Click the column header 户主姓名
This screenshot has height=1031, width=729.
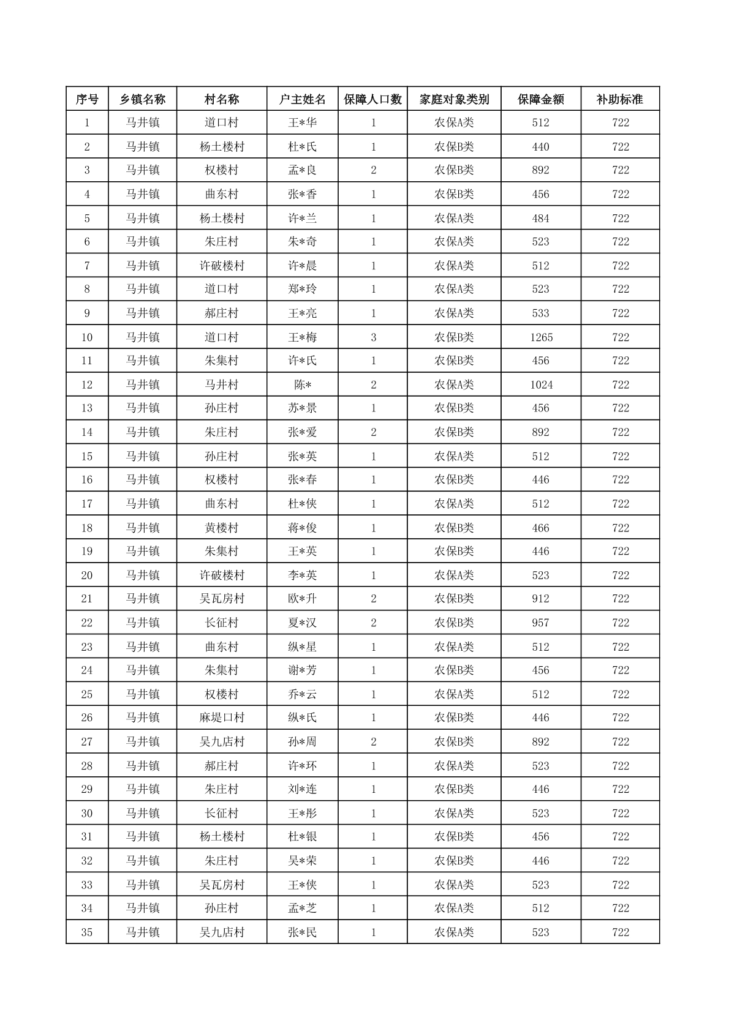[x=302, y=99]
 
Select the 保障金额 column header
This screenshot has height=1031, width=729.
[x=540, y=99]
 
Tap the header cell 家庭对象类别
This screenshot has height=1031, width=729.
[x=454, y=99]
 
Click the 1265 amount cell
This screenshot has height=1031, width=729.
[x=541, y=337]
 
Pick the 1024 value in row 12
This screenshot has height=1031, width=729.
[x=541, y=385]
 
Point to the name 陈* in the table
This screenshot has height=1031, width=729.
[x=302, y=385]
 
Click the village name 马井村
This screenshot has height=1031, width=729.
[x=221, y=385]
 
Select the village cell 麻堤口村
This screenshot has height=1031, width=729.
[x=221, y=718]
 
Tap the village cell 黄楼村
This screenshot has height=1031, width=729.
[x=221, y=528]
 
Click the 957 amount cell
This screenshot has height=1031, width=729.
[x=540, y=623]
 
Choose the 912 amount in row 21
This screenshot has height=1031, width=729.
[x=540, y=599]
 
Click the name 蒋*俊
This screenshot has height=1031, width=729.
[x=302, y=528]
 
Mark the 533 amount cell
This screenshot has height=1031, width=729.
[x=540, y=313]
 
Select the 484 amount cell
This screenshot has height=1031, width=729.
[x=540, y=219]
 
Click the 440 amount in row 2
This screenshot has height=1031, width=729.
[x=540, y=147]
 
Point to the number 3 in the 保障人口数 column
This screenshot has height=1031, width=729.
[x=373, y=337]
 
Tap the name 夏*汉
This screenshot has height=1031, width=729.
[x=302, y=623]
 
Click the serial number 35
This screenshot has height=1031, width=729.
[x=87, y=932]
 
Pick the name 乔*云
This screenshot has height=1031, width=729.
[x=302, y=694]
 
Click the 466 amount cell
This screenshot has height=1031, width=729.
[x=540, y=528]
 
